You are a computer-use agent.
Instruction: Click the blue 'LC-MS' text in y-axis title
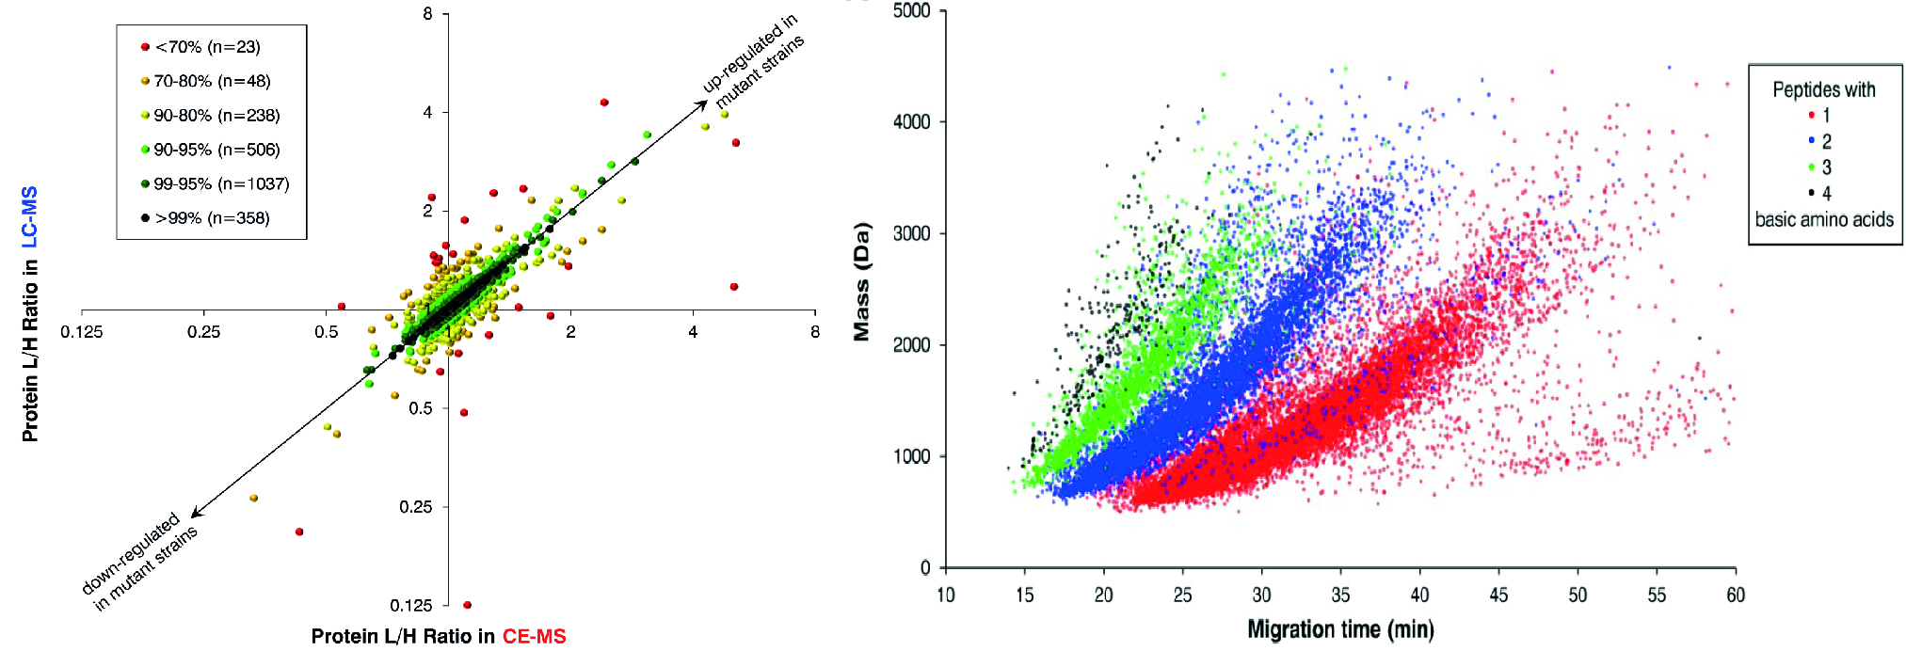click(x=30, y=217)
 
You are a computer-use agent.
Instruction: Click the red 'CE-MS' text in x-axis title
click(x=534, y=637)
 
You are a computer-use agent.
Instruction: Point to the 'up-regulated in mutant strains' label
click(x=754, y=60)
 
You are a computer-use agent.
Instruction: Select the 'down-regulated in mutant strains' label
click(x=140, y=562)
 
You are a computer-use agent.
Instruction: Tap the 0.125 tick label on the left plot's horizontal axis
click(x=82, y=332)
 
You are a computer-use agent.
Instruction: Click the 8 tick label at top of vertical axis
click(x=428, y=14)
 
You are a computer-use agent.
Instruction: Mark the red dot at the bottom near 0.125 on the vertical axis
click(x=468, y=605)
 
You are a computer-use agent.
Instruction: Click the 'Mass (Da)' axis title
click(x=861, y=281)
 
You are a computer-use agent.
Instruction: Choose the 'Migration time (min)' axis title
click(x=1340, y=629)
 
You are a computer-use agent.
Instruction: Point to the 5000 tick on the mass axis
click(x=911, y=11)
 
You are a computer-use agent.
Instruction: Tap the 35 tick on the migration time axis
click(x=1340, y=596)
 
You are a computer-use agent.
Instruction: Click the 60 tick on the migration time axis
click(x=1736, y=596)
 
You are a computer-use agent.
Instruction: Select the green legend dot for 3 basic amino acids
click(x=1811, y=167)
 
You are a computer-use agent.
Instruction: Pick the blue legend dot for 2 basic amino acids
click(x=1811, y=141)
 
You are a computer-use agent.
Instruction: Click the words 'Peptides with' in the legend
click(x=1823, y=90)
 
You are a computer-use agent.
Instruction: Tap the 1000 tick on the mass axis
click(x=911, y=456)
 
